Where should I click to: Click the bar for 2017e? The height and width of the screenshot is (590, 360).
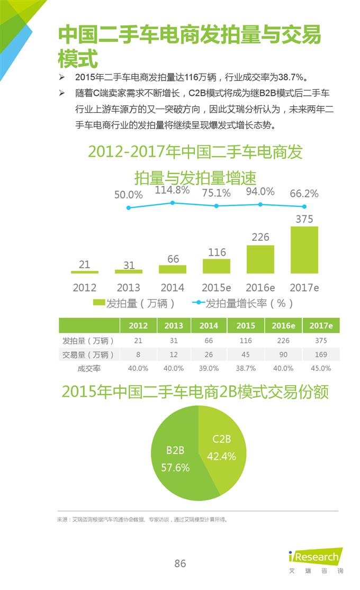pos(304,250)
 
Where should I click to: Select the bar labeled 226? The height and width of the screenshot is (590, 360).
pos(260,259)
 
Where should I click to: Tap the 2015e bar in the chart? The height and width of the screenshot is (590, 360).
pos(217,266)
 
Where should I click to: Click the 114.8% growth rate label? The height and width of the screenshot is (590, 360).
pos(172,190)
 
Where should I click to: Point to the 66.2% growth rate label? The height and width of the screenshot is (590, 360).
pos(304,194)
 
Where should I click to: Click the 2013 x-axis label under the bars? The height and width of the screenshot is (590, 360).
pos(129,287)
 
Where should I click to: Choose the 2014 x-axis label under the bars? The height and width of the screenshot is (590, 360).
pos(173,287)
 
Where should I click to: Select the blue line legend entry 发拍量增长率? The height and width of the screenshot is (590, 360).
pos(244,303)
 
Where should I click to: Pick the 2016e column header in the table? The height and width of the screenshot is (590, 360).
pos(283,325)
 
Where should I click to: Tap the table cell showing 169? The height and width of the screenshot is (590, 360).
pos(321,355)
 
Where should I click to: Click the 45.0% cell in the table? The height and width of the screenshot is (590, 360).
pos(321,368)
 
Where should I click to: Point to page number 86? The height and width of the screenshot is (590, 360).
pos(180,564)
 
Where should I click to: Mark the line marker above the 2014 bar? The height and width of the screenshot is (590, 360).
pos(173,203)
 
